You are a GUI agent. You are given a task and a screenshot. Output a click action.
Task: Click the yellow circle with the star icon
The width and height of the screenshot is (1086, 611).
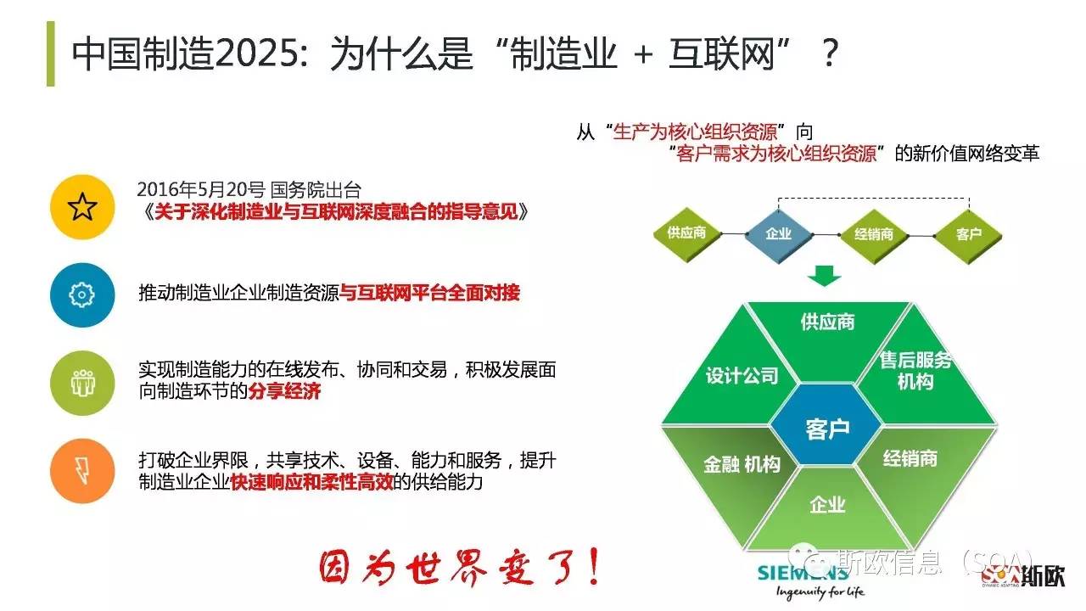(x=82, y=207)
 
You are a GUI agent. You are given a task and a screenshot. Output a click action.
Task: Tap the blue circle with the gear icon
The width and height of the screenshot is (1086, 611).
(x=82, y=294)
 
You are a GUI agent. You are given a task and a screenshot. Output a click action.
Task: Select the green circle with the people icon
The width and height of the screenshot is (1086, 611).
(x=82, y=383)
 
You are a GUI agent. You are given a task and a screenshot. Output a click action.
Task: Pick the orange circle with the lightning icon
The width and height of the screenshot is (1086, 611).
(x=82, y=471)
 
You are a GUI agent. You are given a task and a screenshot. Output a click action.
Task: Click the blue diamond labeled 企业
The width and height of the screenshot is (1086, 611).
(x=779, y=235)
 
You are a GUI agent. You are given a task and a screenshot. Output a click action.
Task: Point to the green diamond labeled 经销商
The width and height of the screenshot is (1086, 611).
(x=874, y=235)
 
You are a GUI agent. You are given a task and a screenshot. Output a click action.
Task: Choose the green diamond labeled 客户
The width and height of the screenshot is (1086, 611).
(x=969, y=236)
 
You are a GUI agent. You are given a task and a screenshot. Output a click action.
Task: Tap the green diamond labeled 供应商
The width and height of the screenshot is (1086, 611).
(x=686, y=233)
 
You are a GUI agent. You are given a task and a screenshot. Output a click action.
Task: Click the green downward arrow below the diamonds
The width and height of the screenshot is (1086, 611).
(x=824, y=276)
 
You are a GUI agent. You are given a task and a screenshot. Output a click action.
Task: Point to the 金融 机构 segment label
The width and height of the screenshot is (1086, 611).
(x=742, y=464)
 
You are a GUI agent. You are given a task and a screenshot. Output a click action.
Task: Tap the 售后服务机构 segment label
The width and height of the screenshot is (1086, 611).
(x=915, y=371)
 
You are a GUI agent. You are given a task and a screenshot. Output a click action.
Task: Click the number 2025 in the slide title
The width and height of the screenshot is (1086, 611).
(x=256, y=53)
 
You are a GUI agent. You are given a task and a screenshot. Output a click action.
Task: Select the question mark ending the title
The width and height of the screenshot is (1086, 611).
(x=831, y=53)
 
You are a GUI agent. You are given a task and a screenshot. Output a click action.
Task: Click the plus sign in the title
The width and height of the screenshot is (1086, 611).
(x=643, y=54)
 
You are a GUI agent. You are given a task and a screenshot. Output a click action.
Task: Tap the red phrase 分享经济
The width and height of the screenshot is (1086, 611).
(x=284, y=391)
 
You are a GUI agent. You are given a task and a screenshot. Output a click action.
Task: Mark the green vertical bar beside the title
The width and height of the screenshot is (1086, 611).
(x=50, y=53)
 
